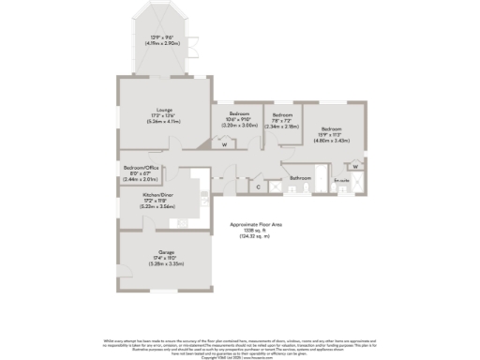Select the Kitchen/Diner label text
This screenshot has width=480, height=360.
point(157,195)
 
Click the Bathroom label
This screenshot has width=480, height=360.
point(299,177)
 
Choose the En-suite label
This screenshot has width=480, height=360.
point(342,180)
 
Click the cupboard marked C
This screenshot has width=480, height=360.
point(259,187)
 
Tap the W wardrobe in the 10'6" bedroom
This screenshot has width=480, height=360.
point(223,144)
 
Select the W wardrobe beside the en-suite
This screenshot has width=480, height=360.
point(355,167)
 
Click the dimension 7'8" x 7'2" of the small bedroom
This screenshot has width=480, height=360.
point(281,120)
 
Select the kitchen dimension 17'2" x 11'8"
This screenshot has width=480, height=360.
point(157,200)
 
